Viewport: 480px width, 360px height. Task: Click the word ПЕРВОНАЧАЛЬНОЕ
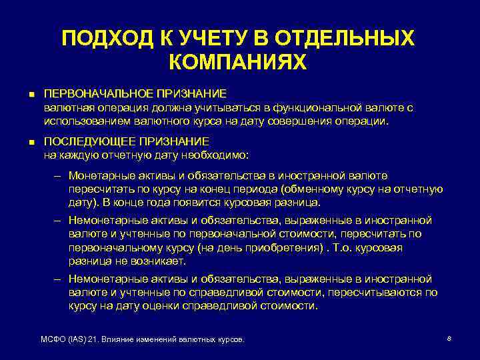(x=91, y=94)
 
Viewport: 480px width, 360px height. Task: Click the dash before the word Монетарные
(x=58, y=176)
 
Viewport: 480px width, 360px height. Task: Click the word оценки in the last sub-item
(x=187, y=306)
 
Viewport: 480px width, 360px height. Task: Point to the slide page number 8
(x=449, y=339)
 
